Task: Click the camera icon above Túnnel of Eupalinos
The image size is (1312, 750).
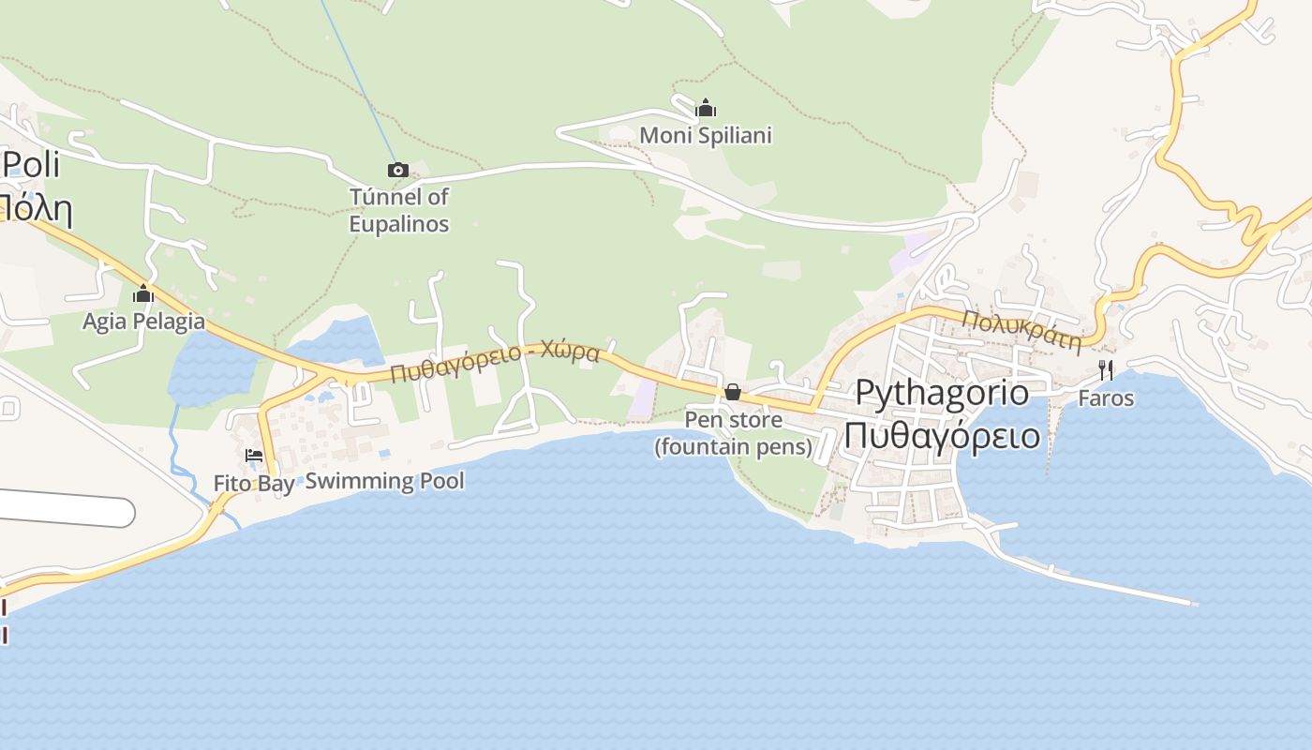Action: tap(398, 170)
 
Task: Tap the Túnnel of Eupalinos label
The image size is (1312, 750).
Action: tap(399, 211)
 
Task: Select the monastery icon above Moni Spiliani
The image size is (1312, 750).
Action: tap(706, 108)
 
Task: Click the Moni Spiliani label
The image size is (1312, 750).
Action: tap(706, 136)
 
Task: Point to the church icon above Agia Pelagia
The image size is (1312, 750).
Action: tap(143, 294)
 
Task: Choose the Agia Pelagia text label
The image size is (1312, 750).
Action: tap(143, 322)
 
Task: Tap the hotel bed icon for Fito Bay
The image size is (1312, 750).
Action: tap(253, 456)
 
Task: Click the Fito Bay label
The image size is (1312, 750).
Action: tap(253, 484)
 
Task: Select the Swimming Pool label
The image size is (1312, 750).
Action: tap(385, 482)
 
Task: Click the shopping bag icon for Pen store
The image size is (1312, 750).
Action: tap(733, 392)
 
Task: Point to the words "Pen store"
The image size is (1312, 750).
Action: tap(734, 419)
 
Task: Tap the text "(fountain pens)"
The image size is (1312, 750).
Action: tap(734, 446)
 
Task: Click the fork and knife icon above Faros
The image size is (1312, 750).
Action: tap(1106, 370)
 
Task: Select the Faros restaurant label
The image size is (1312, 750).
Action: tap(1106, 398)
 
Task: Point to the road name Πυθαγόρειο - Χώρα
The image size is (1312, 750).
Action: tap(495, 362)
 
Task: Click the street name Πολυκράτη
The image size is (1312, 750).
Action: tap(1021, 330)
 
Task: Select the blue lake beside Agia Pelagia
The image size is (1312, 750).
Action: tap(211, 370)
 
